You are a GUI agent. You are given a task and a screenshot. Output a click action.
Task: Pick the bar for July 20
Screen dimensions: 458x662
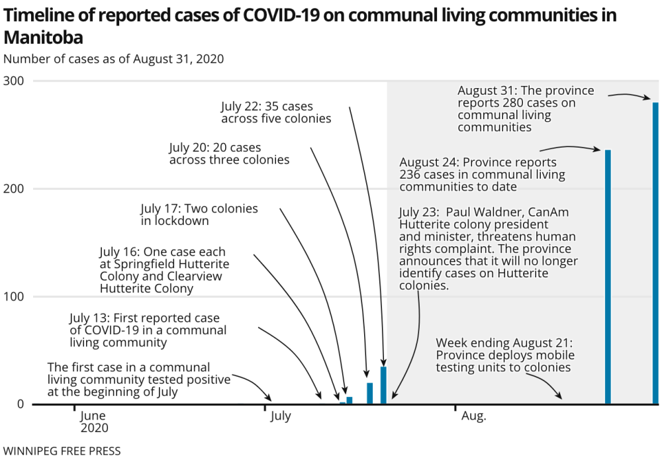click(x=370, y=393)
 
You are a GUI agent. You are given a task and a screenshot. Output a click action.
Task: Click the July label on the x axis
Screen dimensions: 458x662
click(x=281, y=416)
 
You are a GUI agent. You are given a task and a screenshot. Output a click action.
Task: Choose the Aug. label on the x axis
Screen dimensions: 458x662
click(x=473, y=416)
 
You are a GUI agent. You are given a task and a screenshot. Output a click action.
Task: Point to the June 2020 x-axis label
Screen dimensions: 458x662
click(x=94, y=422)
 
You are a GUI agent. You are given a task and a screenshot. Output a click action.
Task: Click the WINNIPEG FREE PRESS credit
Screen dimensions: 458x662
click(x=62, y=451)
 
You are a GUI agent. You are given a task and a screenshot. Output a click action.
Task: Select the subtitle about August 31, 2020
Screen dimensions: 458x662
click(x=113, y=58)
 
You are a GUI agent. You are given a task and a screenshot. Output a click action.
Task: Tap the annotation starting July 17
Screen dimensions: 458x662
click(x=199, y=215)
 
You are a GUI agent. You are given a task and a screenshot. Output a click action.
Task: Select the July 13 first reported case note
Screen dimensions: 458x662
click(x=148, y=330)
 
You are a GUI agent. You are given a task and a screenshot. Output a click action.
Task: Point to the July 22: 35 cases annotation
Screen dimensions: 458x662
click(x=276, y=113)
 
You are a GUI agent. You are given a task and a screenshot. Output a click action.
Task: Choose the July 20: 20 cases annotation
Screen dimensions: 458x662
click(x=229, y=154)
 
